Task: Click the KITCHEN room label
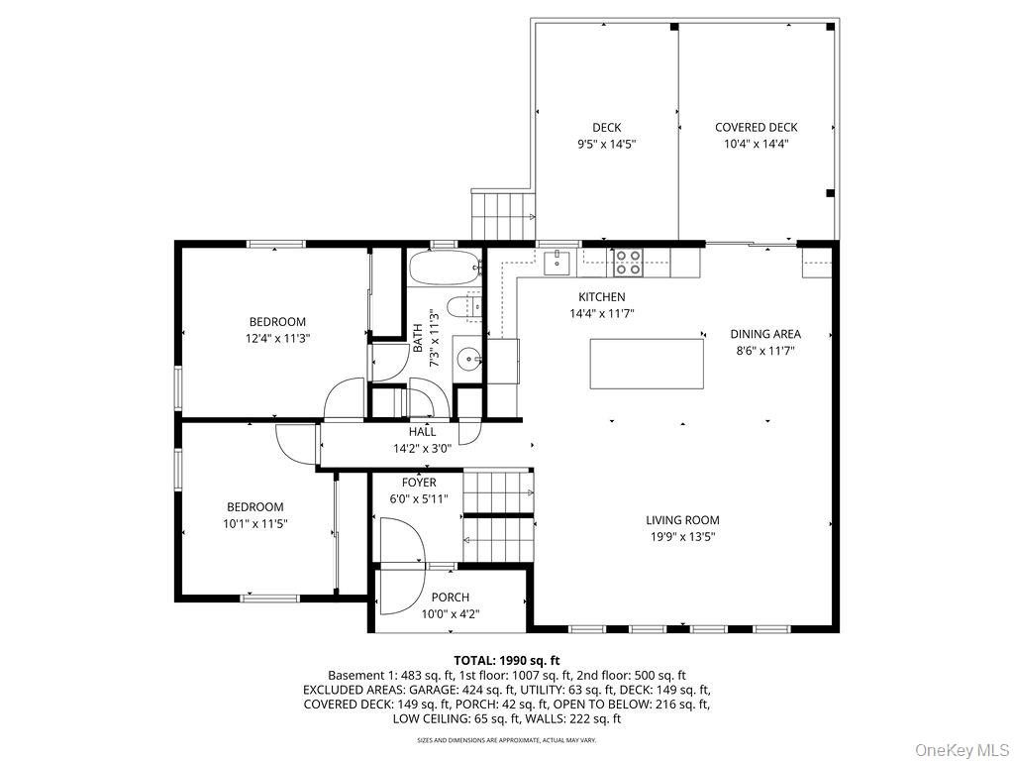tap(601, 297)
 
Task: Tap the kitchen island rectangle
tap(647, 364)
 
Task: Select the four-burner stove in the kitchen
tap(627, 262)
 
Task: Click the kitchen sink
tap(557, 262)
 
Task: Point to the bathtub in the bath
tap(445, 268)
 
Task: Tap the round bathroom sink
tap(467, 357)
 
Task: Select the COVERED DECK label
tap(756, 128)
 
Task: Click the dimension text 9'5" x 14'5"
tap(607, 145)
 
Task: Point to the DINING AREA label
tap(765, 334)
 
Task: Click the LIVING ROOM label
tap(682, 519)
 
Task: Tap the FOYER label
tap(419, 483)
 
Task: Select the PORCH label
tap(451, 598)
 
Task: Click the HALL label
tap(422, 432)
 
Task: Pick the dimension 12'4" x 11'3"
tap(277, 338)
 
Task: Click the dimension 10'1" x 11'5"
tap(254, 523)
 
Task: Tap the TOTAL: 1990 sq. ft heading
tap(506, 661)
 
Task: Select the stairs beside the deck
tap(503, 216)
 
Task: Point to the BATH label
tap(419, 338)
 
